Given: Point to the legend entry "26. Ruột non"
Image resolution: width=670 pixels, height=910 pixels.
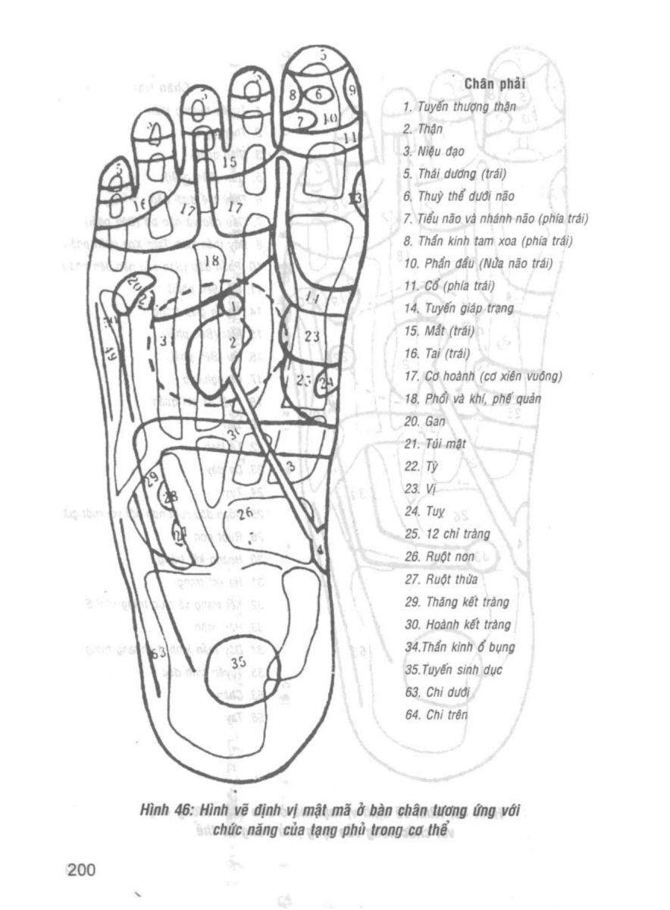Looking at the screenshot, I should pos(440,556).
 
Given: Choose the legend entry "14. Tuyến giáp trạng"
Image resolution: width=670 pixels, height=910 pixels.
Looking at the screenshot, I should pos(459,309).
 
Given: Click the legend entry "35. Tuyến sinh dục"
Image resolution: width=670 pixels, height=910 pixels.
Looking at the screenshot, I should pos(450,670).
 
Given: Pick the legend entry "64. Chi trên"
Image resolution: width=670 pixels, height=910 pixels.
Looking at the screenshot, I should pos(437,715).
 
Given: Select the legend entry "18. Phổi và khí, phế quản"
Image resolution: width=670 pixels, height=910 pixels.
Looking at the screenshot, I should pos(472,398).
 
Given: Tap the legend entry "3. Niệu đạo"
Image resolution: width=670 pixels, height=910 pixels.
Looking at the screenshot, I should pos(434,152).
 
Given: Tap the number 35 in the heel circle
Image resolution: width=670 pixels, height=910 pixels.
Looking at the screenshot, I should pos(240,662).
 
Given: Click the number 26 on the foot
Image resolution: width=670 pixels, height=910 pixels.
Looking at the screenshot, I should pos(245,513).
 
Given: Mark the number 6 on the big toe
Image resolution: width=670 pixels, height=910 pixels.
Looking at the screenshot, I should pos(318,94).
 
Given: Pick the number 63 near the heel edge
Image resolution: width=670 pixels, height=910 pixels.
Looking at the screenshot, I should pos(159,654).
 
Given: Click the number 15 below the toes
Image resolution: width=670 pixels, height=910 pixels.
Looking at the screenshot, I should pos(230,162).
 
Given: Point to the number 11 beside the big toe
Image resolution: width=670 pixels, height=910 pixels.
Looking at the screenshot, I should pos(349,137).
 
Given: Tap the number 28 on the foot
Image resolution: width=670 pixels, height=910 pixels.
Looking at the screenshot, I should pos(170,497).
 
